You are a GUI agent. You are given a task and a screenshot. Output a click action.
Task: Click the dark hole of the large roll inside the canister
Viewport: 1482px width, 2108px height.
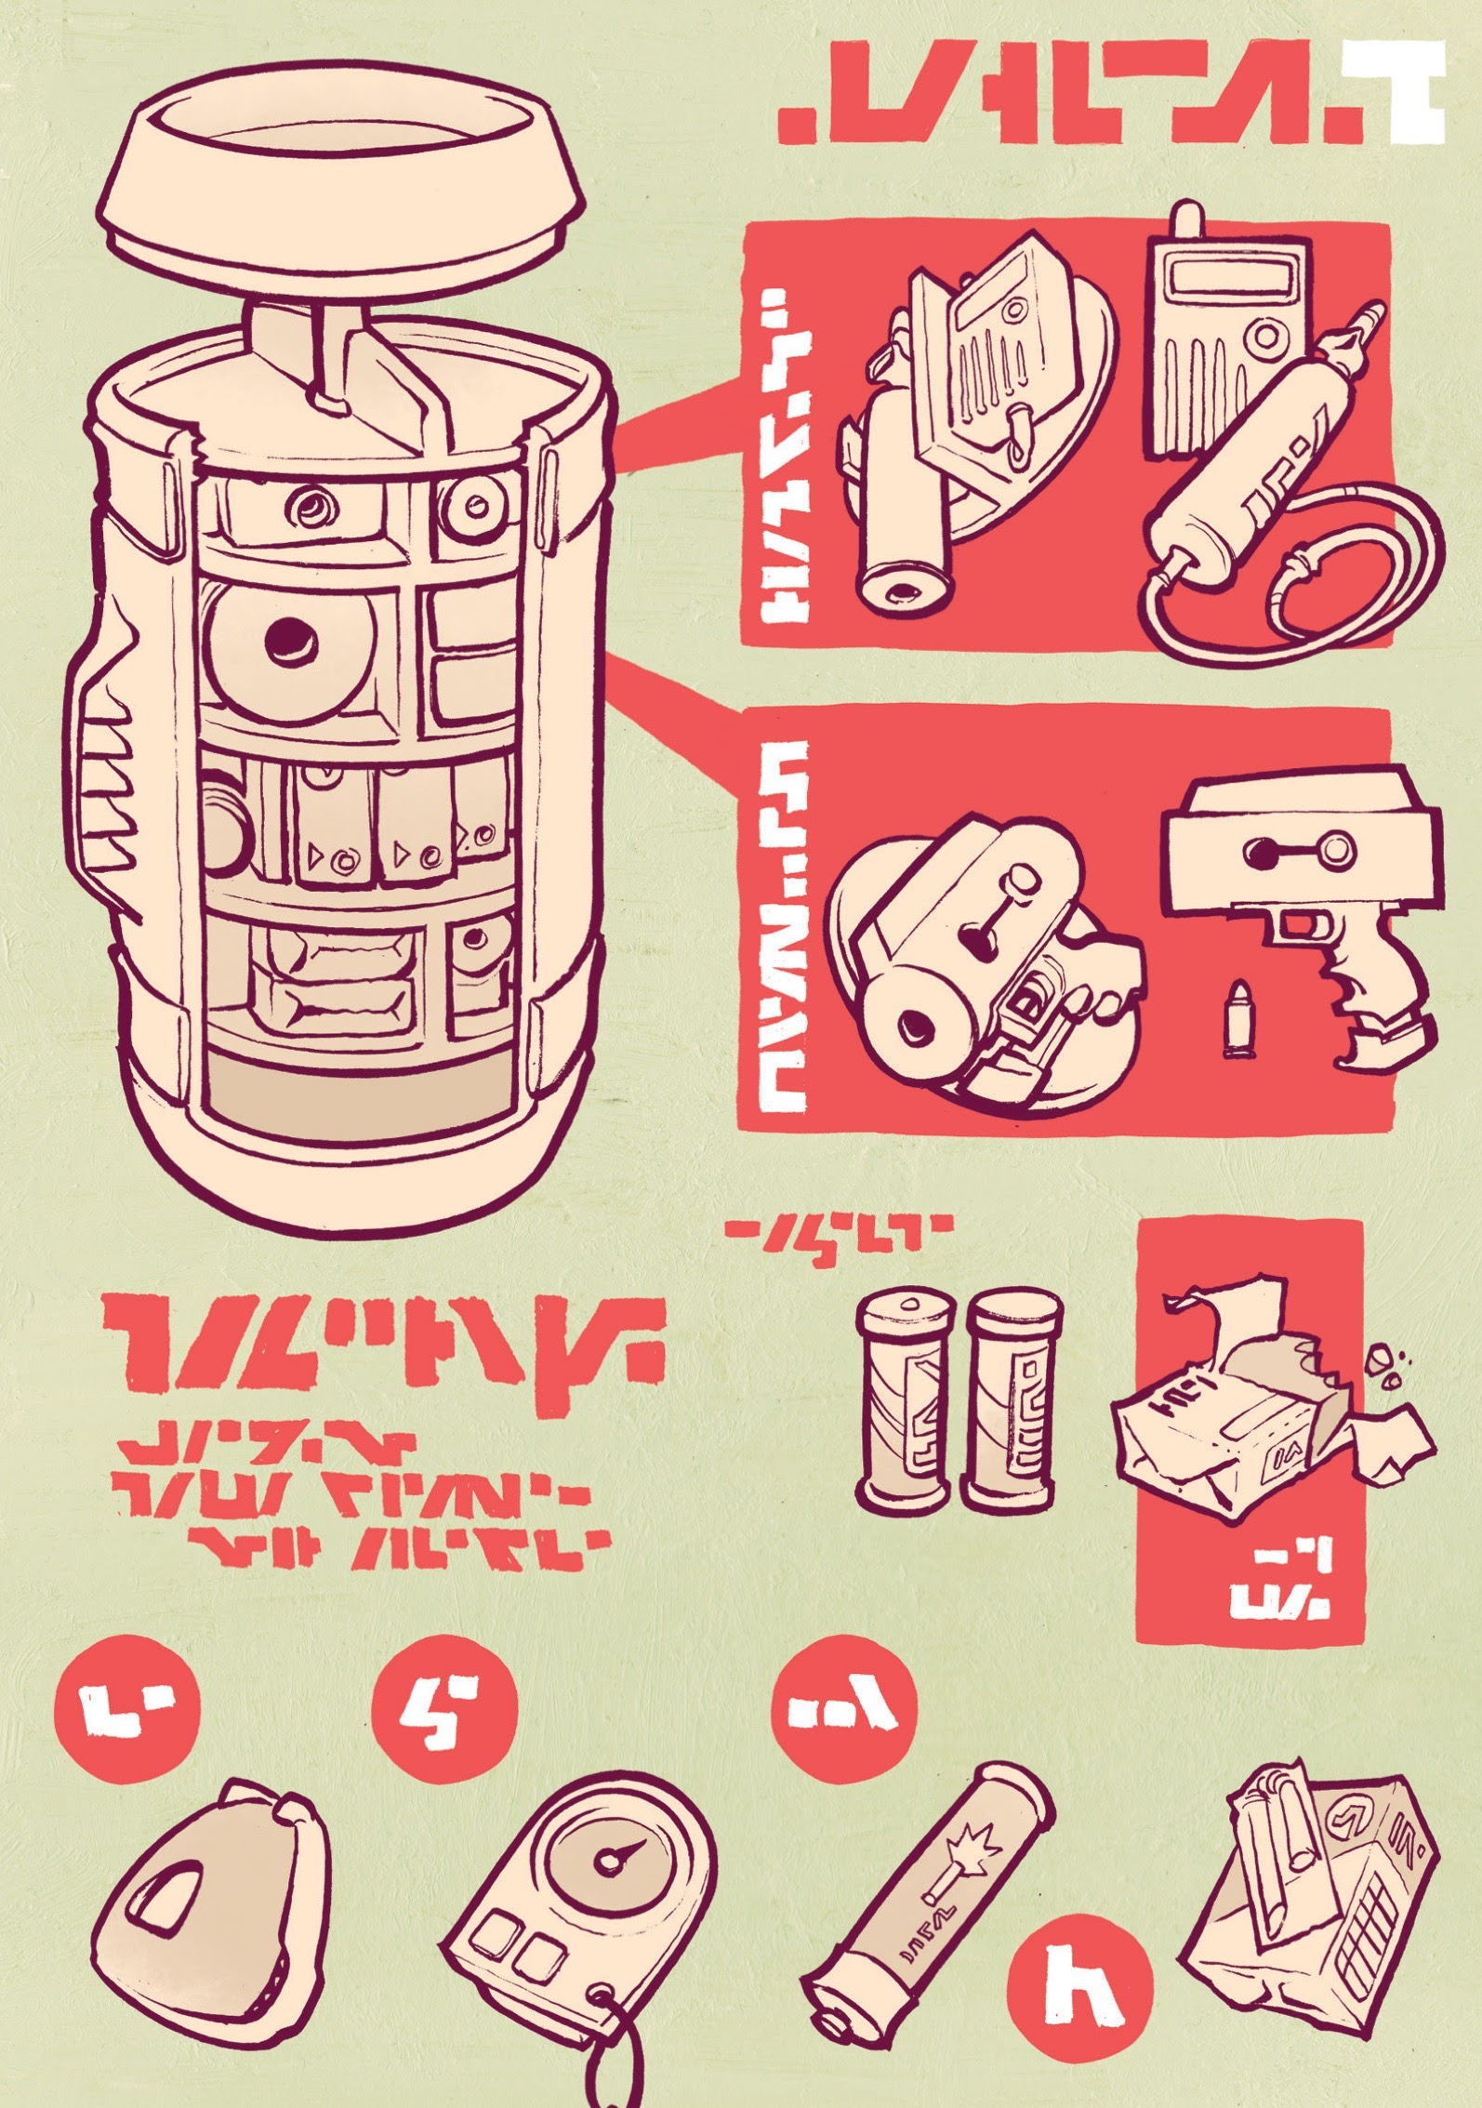tap(289, 639)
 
